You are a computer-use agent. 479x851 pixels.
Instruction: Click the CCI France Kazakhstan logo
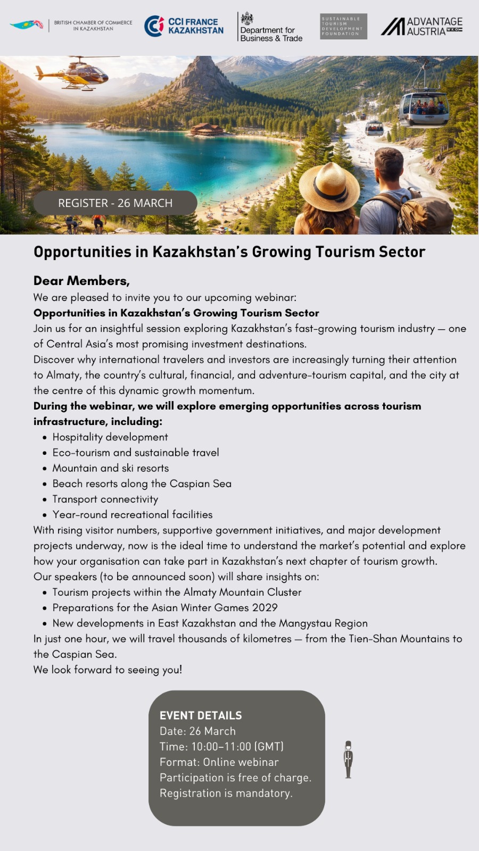(184, 26)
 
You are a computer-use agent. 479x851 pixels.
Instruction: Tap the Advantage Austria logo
(422, 26)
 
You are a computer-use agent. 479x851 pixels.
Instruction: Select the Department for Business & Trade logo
(270, 27)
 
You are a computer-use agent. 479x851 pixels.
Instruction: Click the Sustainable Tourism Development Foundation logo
(343, 26)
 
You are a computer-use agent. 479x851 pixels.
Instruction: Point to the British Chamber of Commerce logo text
(93, 26)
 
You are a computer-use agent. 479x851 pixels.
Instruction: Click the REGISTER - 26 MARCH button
(115, 203)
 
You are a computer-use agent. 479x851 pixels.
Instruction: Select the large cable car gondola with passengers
(424, 108)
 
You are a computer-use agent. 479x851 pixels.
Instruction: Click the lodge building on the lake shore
(207, 129)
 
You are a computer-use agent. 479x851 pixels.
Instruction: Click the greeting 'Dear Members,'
(81, 281)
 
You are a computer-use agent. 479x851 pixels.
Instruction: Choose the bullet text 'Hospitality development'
(110, 437)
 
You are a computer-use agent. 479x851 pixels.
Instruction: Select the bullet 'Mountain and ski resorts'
(111, 468)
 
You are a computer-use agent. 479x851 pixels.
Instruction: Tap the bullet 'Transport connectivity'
(105, 499)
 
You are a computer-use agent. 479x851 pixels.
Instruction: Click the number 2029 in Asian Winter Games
(264, 607)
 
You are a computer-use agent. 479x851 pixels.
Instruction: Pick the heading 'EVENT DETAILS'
(201, 715)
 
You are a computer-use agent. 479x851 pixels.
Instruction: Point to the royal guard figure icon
(348, 760)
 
